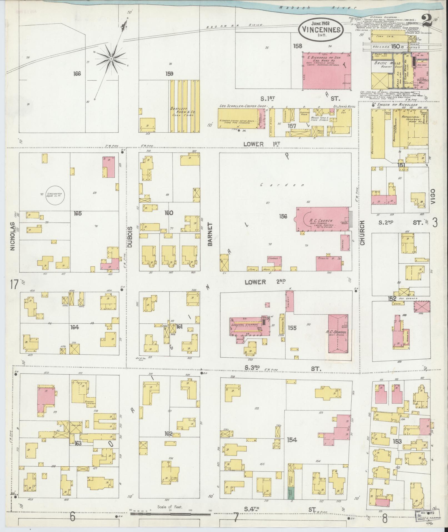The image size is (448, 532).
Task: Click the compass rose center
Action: (x=111, y=59)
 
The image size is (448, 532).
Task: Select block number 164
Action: (x=74, y=327)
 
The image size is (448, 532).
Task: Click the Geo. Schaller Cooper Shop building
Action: (x=238, y=118)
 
